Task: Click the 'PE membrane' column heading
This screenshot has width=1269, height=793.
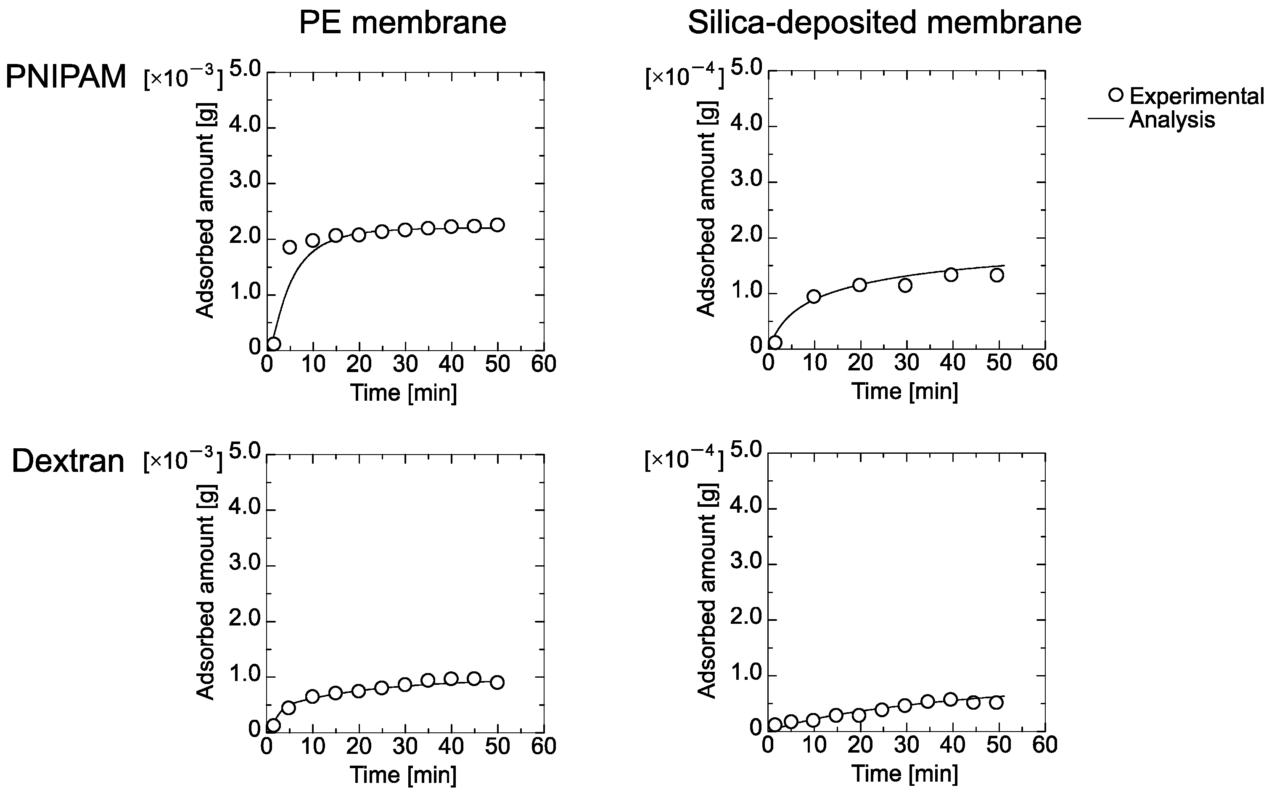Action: pyautogui.click(x=402, y=23)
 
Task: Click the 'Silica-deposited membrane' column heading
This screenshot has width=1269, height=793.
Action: pyautogui.click(x=884, y=23)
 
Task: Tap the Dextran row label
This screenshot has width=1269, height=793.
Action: pyautogui.click(x=68, y=462)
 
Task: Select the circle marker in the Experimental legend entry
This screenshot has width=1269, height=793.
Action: pyautogui.click(x=1116, y=95)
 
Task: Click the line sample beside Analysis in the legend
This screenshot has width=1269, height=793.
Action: pyautogui.click(x=1105, y=119)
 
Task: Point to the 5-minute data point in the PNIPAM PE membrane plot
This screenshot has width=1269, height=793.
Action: pyautogui.click(x=290, y=247)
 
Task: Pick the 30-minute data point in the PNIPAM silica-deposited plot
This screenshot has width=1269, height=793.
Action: pyautogui.click(x=905, y=285)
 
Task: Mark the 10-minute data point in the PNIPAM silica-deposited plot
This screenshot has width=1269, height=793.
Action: pyautogui.click(x=814, y=296)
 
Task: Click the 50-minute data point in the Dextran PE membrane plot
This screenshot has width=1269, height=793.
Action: pyautogui.click(x=498, y=682)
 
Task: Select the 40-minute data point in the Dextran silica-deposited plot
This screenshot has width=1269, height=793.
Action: pyautogui.click(x=951, y=699)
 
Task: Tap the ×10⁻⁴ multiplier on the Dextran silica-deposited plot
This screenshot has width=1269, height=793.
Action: pyautogui.click(x=684, y=460)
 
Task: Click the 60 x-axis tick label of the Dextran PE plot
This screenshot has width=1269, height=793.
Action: pyautogui.click(x=543, y=746)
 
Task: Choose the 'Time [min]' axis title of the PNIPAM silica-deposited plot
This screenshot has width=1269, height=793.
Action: pyautogui.click(x=905, y=391)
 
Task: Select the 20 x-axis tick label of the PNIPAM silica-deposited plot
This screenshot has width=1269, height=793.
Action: pyautogui.click(x=860, y=363)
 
